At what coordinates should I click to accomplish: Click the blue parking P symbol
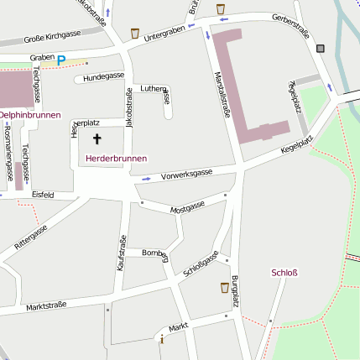(60, 60)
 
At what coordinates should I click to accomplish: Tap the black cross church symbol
(97, 139)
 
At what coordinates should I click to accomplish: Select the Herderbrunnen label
(116, 158)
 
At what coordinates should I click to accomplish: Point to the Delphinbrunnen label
(29, 112)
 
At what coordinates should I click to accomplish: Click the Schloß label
(285, 272)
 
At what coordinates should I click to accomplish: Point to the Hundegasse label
(104, 76)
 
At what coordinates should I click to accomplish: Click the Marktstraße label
(44, 307)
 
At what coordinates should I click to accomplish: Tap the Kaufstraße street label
(122, 252)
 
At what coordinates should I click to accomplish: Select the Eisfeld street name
(43, 195)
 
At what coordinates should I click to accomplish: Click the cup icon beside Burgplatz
(224, 287)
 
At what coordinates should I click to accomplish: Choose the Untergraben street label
(164, 33)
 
